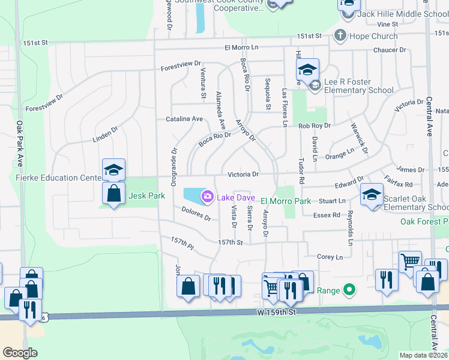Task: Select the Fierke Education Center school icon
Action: [113, 170]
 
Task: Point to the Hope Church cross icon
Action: [340, 35]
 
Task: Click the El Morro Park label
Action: [286, 200]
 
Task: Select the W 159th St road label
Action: [276, 313]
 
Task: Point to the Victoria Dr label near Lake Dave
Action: [243, 175]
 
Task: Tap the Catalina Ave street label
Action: [184, 119]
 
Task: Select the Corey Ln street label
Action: [330, 257]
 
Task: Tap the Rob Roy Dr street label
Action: [315, 126]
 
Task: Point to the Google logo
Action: [20, 352]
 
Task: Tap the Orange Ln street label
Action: [340, 153]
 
